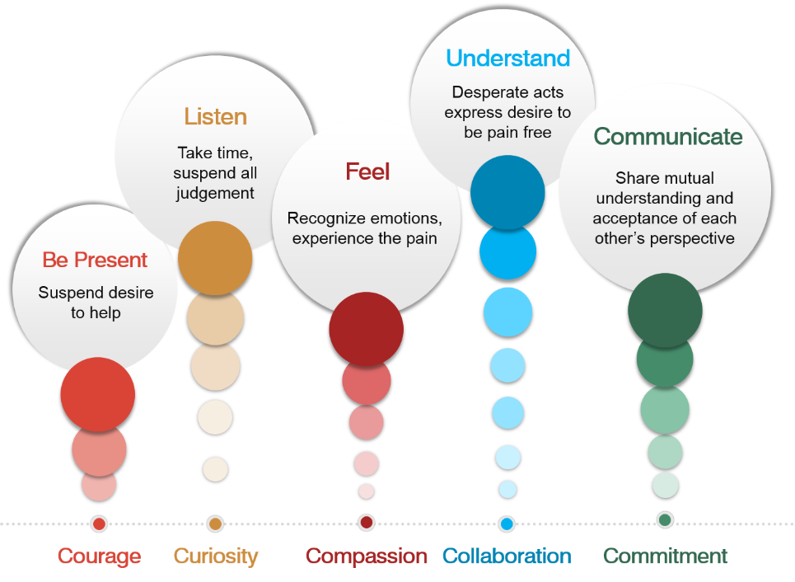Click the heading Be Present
coord(95,260)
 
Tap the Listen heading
coord(215,116)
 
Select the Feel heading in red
coord(367,171)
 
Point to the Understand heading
coord(507,58)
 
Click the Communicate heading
coord(667,136)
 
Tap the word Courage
coord(99,556)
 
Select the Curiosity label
coord(216,556)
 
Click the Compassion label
coord(367,556)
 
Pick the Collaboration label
coord(507,556)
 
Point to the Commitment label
coord(666,556)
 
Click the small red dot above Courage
coord(99,523)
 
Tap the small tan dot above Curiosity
coord(215,523)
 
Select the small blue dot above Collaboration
coord(507,523)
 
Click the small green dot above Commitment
coord(665,520)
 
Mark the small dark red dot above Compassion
coord(367,523)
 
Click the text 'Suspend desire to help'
coord(96,303)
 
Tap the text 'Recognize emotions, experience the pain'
coord(365,228)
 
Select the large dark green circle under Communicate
coord(664,311)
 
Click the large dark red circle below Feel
coord(366,329)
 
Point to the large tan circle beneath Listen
coord(215,258)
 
